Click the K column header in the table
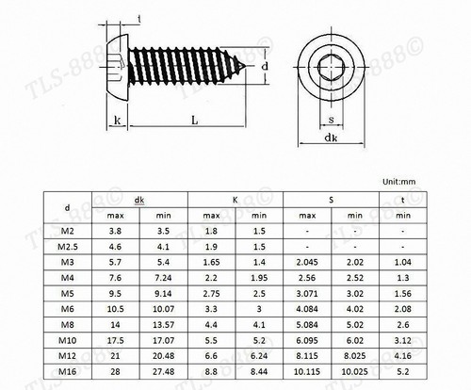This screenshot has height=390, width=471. coord(235,199)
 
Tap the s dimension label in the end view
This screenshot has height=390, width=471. coord(332,119)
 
